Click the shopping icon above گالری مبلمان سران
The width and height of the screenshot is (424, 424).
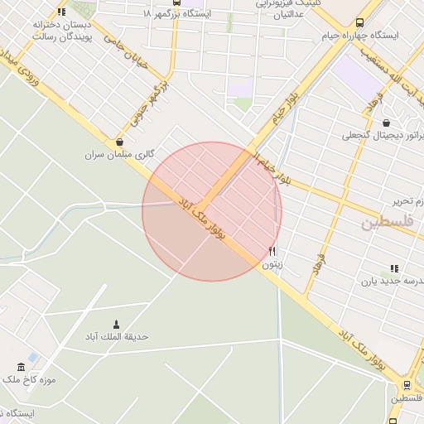(x=121, y=142)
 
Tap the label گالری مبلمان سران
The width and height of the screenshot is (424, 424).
(x=120, y=154)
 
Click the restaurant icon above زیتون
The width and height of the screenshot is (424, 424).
(x=272, y=252)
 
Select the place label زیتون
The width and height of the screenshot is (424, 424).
(x=272, y=264)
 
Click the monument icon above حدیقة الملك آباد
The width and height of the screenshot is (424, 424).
(x=115, y=324)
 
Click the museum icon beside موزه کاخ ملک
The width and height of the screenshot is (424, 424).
(x=21, y=367)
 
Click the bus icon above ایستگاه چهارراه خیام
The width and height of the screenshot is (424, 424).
(x=359, y=24)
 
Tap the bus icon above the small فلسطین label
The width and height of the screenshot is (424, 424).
(x=406, y=385)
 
